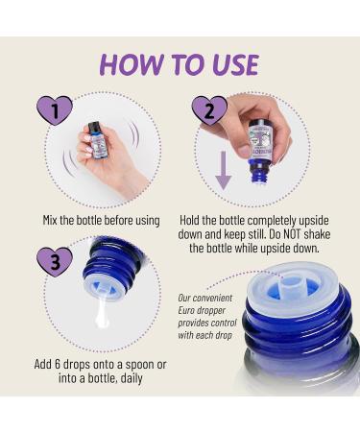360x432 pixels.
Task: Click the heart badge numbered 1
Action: pos(55,110)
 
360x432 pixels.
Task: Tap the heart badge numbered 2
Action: pos(209,110)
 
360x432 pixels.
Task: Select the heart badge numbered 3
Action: pos(55,262)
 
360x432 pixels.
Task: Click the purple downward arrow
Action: pos(224,170)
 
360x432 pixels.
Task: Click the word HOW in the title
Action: pos(132,65)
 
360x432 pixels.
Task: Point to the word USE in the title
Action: pos(235,65)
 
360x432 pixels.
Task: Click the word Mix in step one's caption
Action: pos(50,221)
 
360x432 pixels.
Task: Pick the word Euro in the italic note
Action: pos(186,310)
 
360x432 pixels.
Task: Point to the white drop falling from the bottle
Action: pos(102,315)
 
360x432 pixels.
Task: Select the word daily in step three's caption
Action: pos(131,379)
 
